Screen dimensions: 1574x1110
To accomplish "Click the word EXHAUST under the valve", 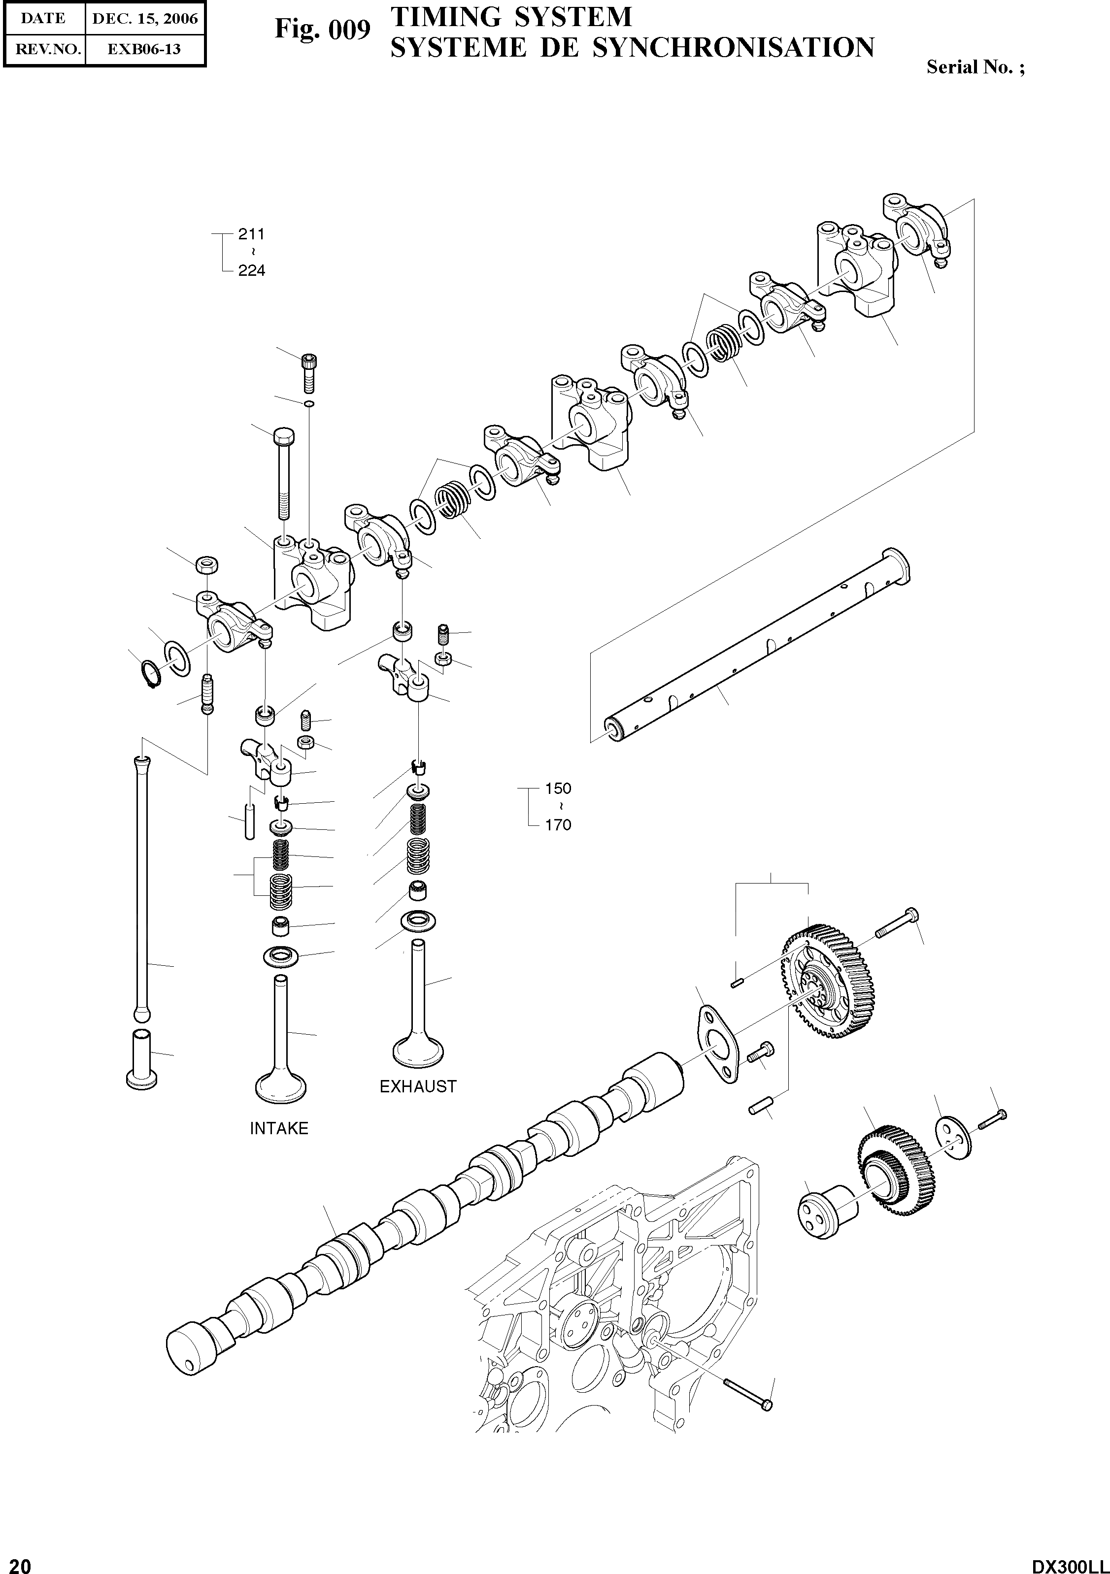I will [417, 1086].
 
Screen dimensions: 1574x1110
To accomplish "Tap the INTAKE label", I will [279, 1128].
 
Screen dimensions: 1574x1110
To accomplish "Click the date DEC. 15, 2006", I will [145, 19].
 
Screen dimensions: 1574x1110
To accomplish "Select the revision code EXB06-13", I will [145, 49].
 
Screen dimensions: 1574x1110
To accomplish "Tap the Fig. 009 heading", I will [322, 30].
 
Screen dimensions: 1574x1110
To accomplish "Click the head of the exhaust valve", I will [417, 1052].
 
